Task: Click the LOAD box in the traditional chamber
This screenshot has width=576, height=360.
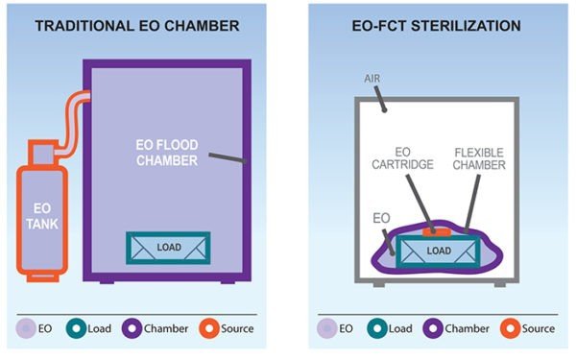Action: (169, 247)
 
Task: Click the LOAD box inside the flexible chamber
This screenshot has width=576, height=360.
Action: (438, 251)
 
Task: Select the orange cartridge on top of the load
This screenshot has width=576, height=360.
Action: (441, 230)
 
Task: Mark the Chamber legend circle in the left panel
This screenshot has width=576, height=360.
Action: (132, 328)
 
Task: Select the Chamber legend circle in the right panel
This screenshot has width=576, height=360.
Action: (432, 328)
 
